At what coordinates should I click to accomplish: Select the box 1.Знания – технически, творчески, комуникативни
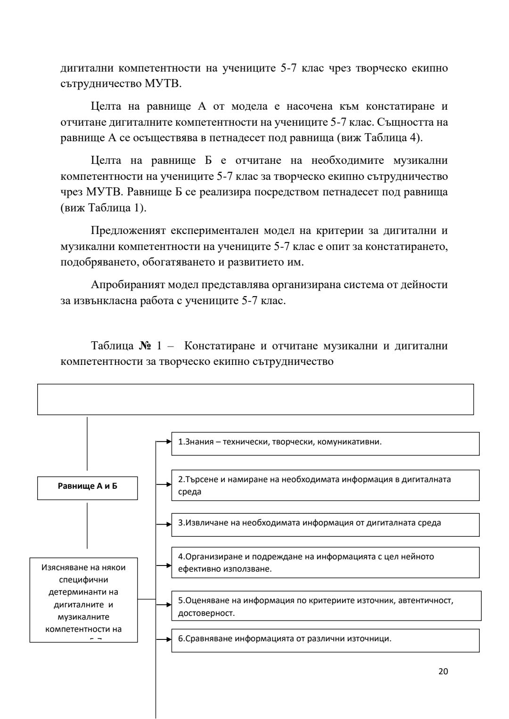[325, 444]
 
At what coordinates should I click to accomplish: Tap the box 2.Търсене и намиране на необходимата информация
[325, 485]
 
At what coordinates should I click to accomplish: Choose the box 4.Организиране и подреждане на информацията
[325, 562]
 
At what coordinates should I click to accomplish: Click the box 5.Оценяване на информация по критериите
[326, 606]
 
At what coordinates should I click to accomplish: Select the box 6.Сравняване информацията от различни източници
[325, 640]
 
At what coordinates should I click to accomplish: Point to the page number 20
[443, 671]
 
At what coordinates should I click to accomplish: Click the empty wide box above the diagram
[255, 399]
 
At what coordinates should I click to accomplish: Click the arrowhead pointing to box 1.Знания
[169, 442]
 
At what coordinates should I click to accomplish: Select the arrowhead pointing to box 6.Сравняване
[169, 640]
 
